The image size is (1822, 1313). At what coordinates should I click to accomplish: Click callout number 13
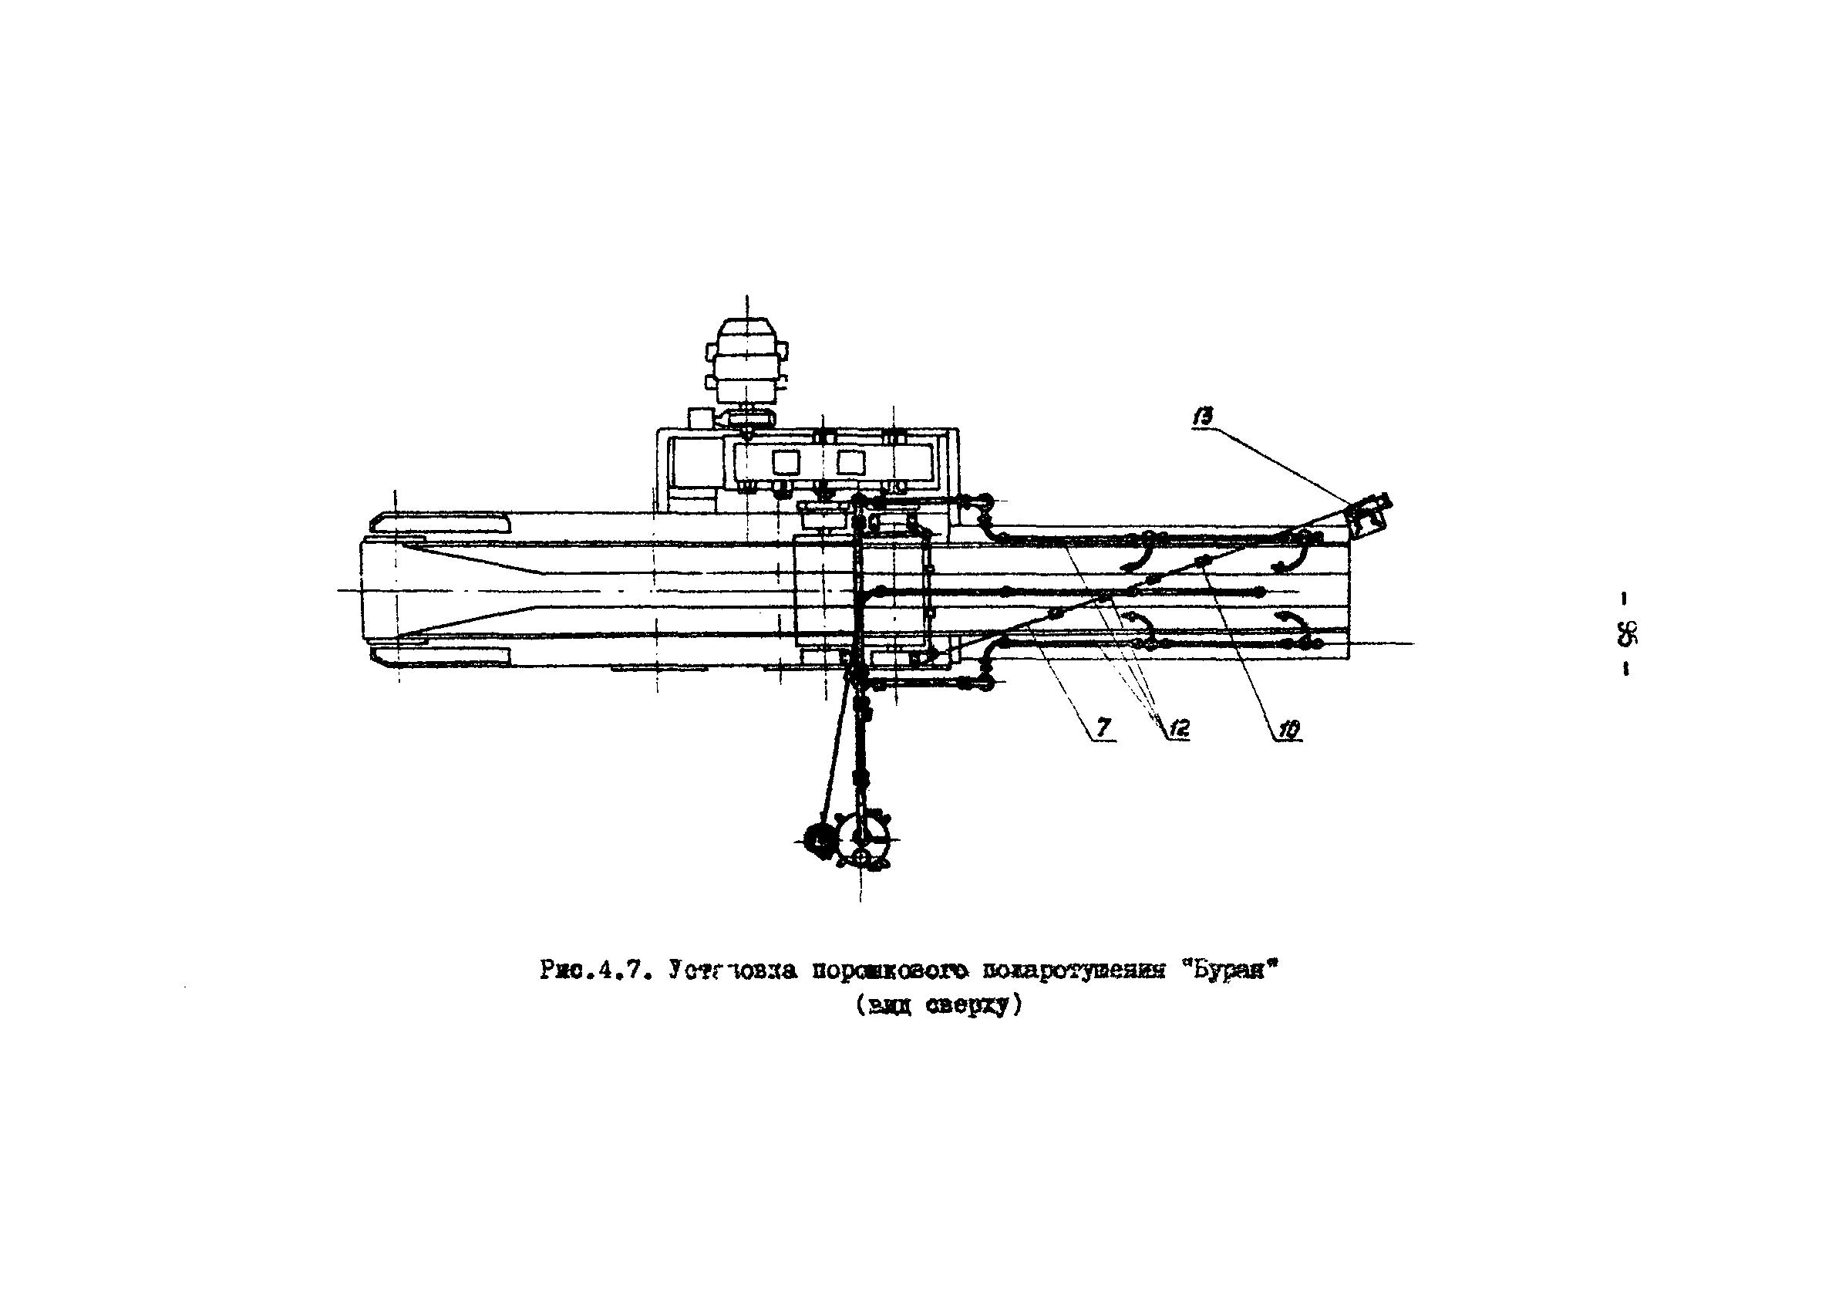(x=1203, y=417)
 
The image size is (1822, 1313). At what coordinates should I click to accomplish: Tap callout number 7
(x=1104, y=728)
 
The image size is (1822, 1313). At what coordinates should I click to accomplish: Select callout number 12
(x=1178, y=729)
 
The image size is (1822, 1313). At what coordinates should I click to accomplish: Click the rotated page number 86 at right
(x=1625, y=635)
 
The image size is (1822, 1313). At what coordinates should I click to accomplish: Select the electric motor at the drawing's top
(x=747, y=365)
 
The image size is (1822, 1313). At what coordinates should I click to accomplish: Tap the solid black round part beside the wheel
(x=818, y=839)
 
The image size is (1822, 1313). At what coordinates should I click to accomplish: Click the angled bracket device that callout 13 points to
(x=1368, y=515)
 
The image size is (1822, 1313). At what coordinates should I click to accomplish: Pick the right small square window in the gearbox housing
(x=849, y=461)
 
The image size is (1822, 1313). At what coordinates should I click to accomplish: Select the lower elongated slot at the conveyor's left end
(x=440, y=656)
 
